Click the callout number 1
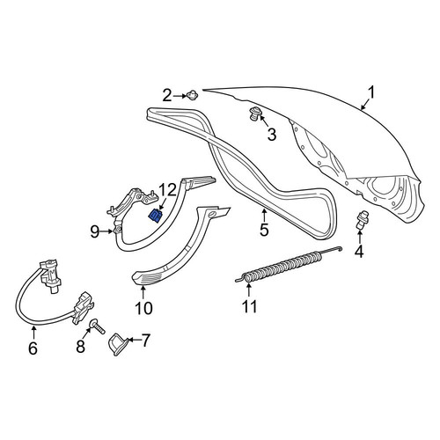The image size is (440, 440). tap(371, 93)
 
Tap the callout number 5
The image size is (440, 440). tap(264, 230)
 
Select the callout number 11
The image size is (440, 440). tap(250, 306)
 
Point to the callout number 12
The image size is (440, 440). tap(167, 190)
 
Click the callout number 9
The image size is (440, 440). tap(95, 232)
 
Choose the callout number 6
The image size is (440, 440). tap(33, 348)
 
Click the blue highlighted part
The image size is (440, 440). tap(155, 216)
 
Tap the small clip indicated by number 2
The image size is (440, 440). tap(193, 95)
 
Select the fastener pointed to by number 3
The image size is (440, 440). tap(254, 114)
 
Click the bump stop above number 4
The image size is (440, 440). tap(359, 220)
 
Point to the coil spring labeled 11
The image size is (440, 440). tap(289, 264)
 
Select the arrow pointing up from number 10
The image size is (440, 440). tap(143, 292)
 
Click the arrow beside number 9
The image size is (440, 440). tap(106, 231)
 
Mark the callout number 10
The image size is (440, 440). tap(144, 308)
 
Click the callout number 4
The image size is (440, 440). tap(359, 252)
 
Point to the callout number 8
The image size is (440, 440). tap(80, 347)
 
